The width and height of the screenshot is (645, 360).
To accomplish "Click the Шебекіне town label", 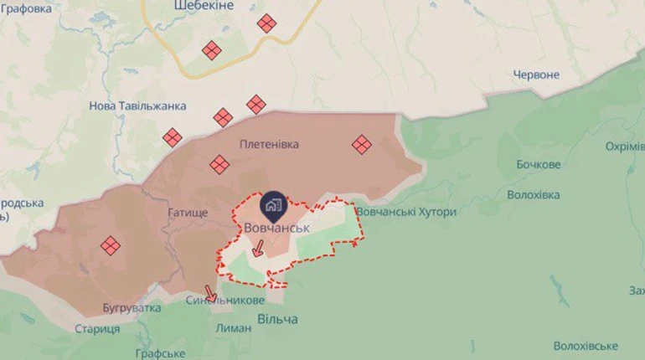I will [204, 6].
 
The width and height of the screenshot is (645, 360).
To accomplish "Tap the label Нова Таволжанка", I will [137, 106].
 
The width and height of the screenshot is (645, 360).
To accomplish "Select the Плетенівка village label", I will [269, 144].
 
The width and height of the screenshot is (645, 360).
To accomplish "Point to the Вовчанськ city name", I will [276, 228].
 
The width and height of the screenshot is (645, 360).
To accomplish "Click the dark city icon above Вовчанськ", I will [274, 204].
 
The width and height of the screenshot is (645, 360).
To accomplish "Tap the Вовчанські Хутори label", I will [406, 212].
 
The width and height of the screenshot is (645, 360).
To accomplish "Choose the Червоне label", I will [535, 75].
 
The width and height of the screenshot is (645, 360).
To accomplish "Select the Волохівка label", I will [534, 194].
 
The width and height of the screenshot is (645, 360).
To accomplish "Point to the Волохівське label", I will [586, 346].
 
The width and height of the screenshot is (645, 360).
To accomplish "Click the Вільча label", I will [277, 319].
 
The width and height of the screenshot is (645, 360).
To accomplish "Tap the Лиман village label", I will [234, 327].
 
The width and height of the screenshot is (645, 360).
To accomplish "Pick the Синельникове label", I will [225, 300].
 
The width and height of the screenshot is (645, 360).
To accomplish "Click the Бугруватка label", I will [132, 307].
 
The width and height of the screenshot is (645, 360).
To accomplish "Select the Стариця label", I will [97, 328].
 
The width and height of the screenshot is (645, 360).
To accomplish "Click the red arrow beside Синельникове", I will [210, 293].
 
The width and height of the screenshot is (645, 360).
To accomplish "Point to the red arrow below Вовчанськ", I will [259, 248].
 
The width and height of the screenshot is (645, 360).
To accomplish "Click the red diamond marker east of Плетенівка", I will [361, 145].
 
